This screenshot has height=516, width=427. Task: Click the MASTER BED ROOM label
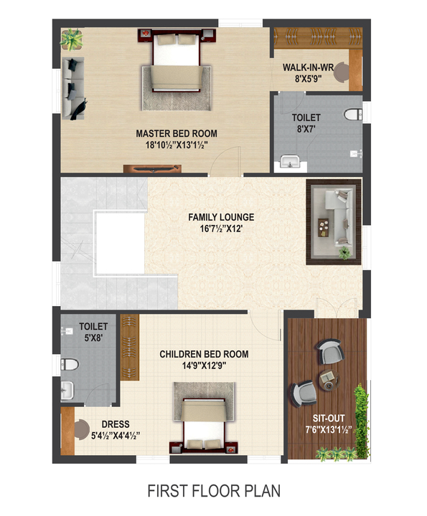pyautogui.click(x=177, y=133)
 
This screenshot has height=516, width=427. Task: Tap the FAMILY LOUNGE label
pyautogui.click(x=221, y=217)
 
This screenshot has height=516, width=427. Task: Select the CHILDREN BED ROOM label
pyautogui.click(x=204, y=354)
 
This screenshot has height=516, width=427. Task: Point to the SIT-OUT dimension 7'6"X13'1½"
pyautogui.click(x=329, y=430)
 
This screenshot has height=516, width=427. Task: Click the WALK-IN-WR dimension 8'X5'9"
pyautogui.click(x=308, y=79)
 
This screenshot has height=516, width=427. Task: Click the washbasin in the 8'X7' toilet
pyautogui.click(x=290, y=162)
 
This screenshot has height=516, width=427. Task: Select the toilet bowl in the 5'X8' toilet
pyautogui.click(x=70, y=364)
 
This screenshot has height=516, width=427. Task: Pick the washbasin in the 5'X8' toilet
pyautogui.click(x=67, y=391)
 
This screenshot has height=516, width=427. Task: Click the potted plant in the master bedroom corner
pyautogui.click(x=72, y=39)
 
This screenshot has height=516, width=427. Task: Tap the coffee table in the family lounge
pyautogui.click(x=323, y=227)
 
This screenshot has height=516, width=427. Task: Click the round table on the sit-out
pyautogui.click(x=329, y=380)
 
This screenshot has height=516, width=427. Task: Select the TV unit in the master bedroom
pyautogui.click(x=152, y=168)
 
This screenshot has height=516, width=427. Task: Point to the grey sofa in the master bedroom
pyautogui.click(x=72, y=88)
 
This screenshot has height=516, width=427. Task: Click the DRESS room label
pyautogui.click(x=116, y=424)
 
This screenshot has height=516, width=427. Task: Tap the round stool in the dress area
pyautogui.click(x=82, y=429)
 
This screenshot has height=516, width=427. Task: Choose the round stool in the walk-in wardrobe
pyautogui.click(x=342, y=72)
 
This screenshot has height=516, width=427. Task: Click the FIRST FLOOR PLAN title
pyautogui.click(x=214, y=491)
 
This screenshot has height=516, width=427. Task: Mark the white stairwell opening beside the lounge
pyautogui.click(x=121, y=243)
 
